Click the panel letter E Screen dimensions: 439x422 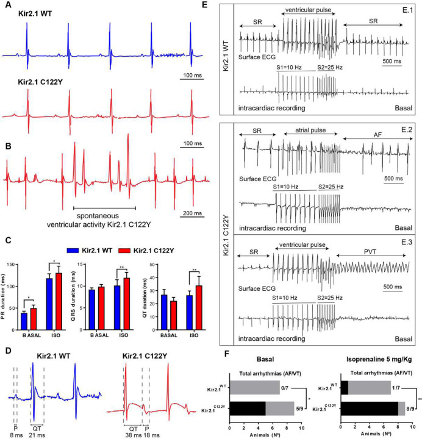tap(224, 5)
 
